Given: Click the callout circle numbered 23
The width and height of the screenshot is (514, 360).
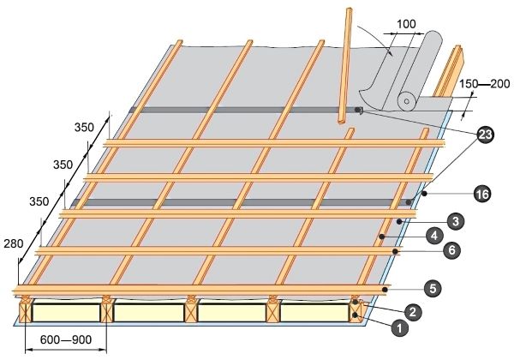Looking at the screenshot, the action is tap(486, 135).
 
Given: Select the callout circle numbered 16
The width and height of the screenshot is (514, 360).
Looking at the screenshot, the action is tap(482, 194).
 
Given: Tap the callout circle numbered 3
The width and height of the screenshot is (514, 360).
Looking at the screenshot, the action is tap(456, 221).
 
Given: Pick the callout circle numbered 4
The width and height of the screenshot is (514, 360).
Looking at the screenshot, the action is tap(434, 236).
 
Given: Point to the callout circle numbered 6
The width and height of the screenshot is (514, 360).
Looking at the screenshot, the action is tap(451, 250).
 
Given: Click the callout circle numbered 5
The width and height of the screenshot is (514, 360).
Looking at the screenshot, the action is tap(433, 289).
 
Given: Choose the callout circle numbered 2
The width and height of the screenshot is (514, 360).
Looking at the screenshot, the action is tap(412, 311).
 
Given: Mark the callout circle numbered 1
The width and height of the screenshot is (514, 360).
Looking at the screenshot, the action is tap(399, 328).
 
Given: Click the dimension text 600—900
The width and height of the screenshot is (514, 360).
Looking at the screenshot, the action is tap(66, 339).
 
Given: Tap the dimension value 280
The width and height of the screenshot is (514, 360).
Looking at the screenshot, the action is tap(14, 243).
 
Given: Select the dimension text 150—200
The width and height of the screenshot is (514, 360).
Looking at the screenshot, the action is tap(485, 84).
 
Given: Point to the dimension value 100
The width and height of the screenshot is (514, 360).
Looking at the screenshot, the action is tap(406, 24).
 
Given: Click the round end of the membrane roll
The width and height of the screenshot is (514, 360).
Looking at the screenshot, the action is tap(407, 101).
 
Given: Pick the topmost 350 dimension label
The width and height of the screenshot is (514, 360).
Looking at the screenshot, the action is tap(84, 127).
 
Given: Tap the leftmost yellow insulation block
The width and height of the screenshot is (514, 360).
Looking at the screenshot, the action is tap(66, 313).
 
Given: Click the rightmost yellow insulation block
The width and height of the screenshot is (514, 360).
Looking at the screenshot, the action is tap(314, 313).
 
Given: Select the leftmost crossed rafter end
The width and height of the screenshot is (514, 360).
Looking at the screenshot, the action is tap(26, 313).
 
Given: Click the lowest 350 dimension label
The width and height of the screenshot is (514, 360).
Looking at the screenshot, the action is tap(39, 201).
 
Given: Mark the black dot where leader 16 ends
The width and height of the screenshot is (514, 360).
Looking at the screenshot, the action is tap(425, 194).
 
